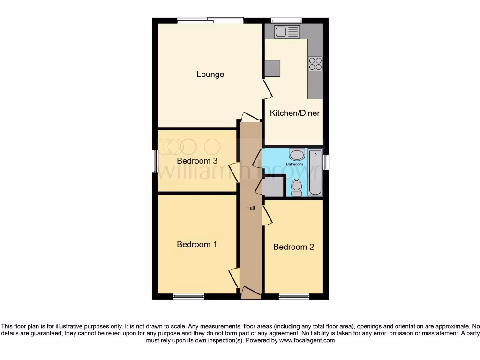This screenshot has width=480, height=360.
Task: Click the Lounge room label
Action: click(x=210, y=74)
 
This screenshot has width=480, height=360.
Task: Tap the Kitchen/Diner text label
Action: click(x=295, y=113)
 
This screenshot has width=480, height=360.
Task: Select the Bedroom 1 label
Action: click(x=197, y=244)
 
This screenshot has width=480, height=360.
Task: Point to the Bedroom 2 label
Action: click(x=293, y=247)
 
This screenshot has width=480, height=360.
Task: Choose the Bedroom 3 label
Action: click(x=197, y=161)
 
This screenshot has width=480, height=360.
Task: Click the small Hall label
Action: click(x=251, y=208)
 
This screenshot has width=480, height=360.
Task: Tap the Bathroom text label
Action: click(x=295, y=165)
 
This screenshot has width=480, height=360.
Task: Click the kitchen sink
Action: click(x=287, y=32)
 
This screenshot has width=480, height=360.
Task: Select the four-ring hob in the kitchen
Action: click(x=315, y=63)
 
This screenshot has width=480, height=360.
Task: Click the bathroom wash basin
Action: click(x=296, y=155)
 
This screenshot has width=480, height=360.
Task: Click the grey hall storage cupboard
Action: click(x=273, y=187)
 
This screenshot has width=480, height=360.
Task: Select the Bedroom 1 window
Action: click(x=188, y=296)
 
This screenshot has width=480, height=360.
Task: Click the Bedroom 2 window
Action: click(x=294, y=296)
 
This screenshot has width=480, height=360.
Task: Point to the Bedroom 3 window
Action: click(x=155, y=161)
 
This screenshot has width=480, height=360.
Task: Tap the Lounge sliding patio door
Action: click(x=210, y=20)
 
